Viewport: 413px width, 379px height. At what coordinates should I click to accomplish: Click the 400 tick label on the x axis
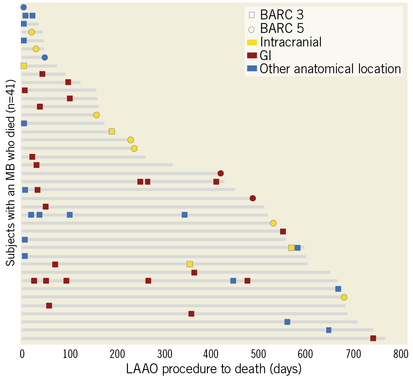click(211, 353)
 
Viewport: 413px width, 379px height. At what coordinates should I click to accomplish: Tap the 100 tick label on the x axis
click(70, 353)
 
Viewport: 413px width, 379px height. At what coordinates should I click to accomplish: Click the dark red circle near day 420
click(220, 173)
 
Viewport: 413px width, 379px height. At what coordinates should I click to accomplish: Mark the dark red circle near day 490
click(253, 198)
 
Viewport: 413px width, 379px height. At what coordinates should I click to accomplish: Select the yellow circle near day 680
click(344, 297)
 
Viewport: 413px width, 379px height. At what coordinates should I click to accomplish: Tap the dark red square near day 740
click(373, 338)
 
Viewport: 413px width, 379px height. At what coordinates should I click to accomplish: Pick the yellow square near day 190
click(111, 132)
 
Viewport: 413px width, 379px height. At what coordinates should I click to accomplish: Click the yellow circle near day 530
click(273, 223)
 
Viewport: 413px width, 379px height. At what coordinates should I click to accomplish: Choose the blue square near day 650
click(329, 330)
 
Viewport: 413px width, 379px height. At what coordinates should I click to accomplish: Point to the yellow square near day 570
click(291, 248)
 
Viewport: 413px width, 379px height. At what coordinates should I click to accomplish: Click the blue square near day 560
click(287, 322)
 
